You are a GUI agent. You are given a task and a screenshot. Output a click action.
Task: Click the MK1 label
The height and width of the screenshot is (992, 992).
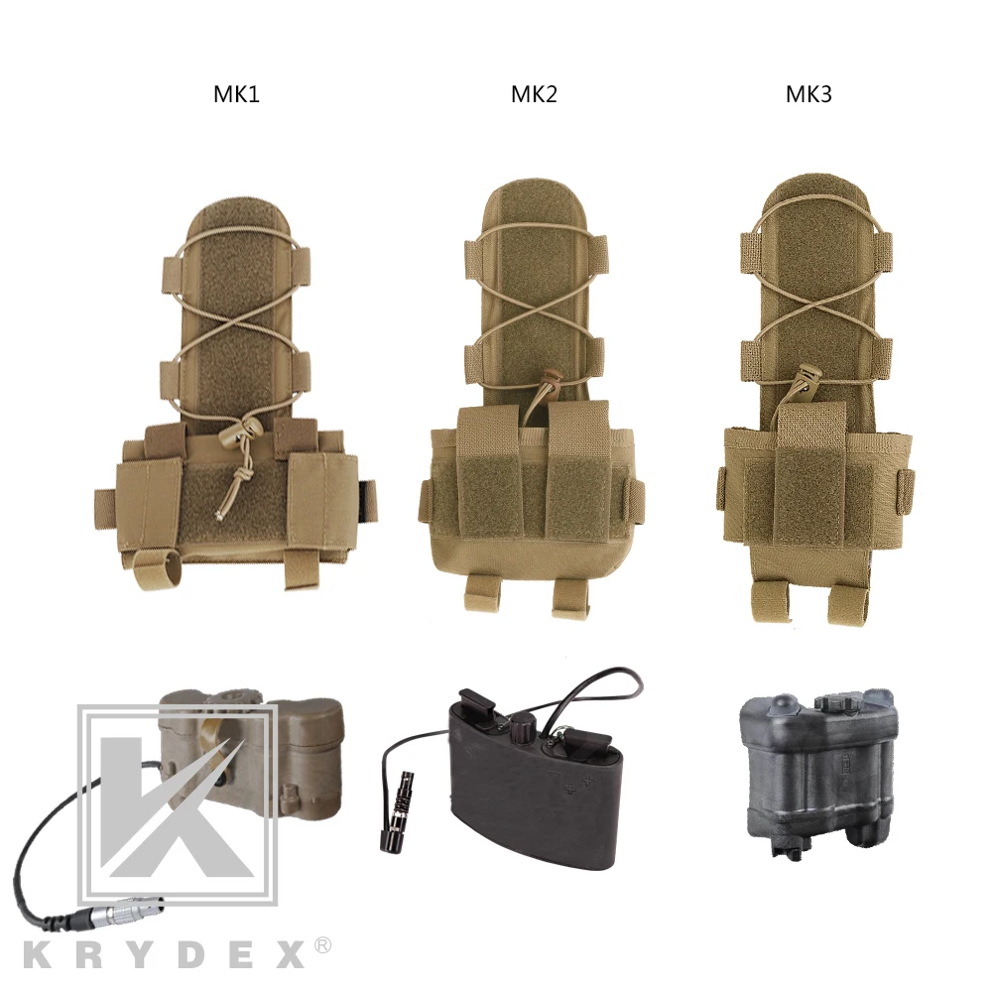[236, 95]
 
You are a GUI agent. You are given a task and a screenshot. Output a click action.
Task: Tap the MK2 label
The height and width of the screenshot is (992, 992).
[534, 95]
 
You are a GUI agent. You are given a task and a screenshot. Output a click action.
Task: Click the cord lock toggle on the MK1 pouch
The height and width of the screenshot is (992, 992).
[241, 430]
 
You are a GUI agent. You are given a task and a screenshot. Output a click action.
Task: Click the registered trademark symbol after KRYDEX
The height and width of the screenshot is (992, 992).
[322, 947]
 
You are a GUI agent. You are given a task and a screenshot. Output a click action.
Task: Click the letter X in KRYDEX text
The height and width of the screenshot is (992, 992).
[285, 954]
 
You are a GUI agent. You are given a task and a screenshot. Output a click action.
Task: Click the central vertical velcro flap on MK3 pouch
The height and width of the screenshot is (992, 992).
[811, 466]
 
